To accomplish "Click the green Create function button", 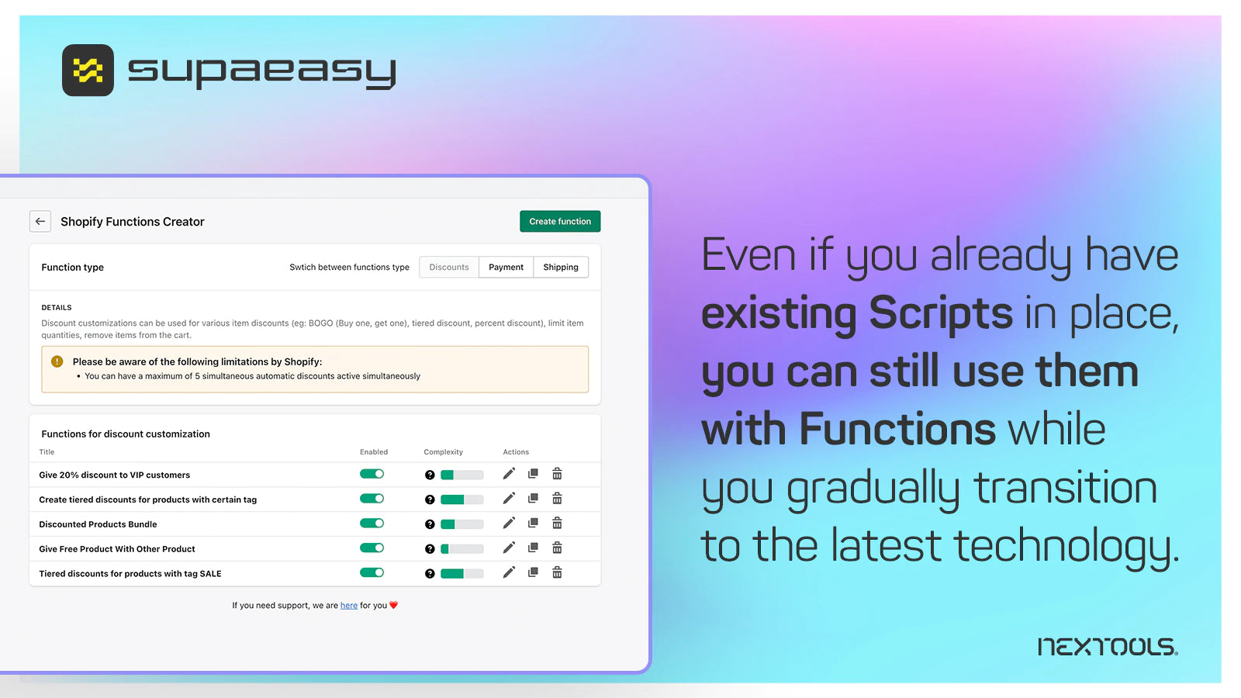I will point(560,222).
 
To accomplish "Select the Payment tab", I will point(506,268).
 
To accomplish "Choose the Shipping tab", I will point(561,268).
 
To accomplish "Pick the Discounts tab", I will point(449,268).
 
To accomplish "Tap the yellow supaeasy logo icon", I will point(88,71).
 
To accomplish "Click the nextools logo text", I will point(1107,647).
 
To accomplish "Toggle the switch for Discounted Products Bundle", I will point(372,523).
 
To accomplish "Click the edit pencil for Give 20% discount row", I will point(509,474).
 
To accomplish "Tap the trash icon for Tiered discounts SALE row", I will point(557,573).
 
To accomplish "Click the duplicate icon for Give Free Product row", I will point(533,548).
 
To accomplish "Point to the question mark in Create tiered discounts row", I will point(430,499).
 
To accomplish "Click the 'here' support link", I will point(349,606).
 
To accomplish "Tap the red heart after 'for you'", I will point(393,605).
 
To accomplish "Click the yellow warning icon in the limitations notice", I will point(57,361).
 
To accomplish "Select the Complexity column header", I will point(443,452).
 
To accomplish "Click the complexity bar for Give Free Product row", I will point(461,549).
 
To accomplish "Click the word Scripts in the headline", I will point(941,313).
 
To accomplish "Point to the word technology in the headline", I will point(1066,546).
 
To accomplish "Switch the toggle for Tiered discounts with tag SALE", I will point(372,573).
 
